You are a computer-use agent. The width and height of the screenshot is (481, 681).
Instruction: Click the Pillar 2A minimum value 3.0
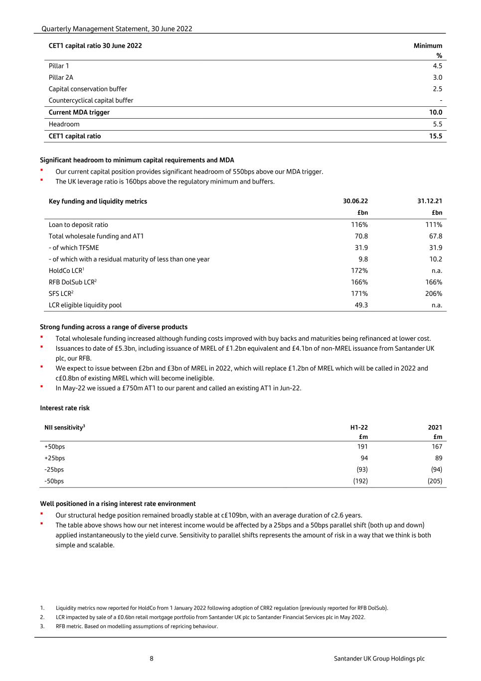tap(437, 77)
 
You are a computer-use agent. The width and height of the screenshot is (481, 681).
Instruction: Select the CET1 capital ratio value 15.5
tap(435, 136)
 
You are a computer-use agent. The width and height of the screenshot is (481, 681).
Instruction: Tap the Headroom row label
tap(64, 124)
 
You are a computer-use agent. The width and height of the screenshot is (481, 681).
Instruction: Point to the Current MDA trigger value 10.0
tap(435, 112)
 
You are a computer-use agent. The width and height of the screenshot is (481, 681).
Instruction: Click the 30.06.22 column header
tap(355, 201)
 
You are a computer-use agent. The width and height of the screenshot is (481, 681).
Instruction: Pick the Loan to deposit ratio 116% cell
tap(359, 225)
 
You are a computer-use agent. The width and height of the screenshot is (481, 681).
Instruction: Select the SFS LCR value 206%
tap(433, 293)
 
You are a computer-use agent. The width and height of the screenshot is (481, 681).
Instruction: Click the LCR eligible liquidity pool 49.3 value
tap(361, 305)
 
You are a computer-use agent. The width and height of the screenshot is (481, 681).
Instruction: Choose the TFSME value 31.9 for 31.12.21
tap(435, 247)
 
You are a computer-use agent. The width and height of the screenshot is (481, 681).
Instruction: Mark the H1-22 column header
tap(359, 427)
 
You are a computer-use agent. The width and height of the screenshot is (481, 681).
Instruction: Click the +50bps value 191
tap(362, 447)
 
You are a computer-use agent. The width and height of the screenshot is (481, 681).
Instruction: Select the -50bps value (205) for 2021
tap(435, 481)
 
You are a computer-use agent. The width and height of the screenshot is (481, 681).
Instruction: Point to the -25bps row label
tap(54, 469)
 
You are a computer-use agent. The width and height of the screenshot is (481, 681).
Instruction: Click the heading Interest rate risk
tap(65, 408)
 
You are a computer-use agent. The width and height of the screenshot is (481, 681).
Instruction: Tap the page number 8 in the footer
tap(152, 659)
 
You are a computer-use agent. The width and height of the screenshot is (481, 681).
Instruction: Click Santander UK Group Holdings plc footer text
tap(379, 659)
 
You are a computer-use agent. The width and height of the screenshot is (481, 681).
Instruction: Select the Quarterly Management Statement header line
tap(117, 29)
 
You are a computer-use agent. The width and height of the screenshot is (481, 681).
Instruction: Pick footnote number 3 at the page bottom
tap(42, 626)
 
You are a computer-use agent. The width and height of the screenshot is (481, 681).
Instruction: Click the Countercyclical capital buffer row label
tap(91, 100)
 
